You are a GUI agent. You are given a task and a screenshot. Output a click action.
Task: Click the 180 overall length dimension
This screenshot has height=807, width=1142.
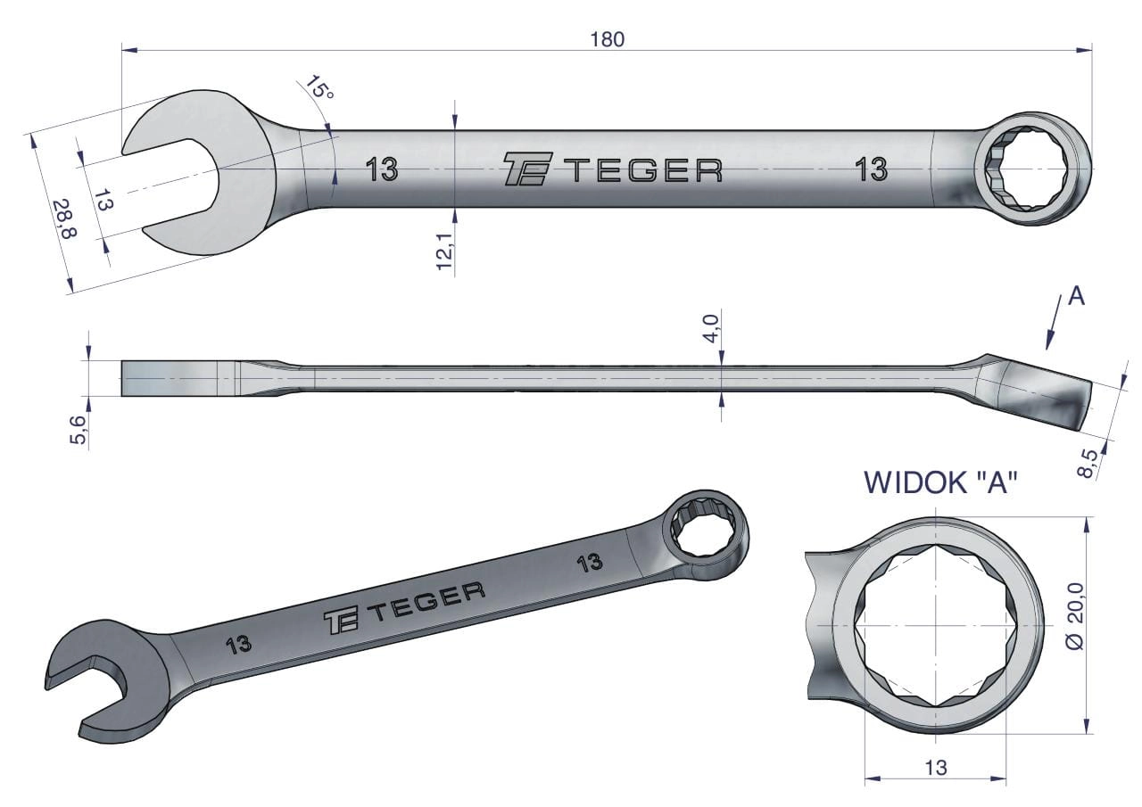(608, 39)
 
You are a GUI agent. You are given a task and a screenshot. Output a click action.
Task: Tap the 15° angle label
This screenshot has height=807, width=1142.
(319, 87)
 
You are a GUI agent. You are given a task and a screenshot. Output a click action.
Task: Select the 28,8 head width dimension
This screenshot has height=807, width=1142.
(65, 218)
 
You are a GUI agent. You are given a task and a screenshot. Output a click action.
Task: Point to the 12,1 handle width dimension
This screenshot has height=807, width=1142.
(445, 251)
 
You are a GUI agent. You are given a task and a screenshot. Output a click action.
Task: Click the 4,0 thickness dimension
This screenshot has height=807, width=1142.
(711, 329)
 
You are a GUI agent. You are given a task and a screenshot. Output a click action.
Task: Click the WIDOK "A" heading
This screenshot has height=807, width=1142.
(937, 482)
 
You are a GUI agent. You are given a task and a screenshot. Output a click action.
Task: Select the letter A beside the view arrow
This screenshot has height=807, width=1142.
(1076, 297)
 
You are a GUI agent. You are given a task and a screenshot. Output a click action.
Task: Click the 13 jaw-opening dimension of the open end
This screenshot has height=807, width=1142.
(103, 200)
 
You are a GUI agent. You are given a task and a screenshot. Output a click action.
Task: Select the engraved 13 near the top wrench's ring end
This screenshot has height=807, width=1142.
(872, 169)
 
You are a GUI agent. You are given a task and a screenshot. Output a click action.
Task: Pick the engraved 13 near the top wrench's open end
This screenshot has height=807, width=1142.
(382, 169)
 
